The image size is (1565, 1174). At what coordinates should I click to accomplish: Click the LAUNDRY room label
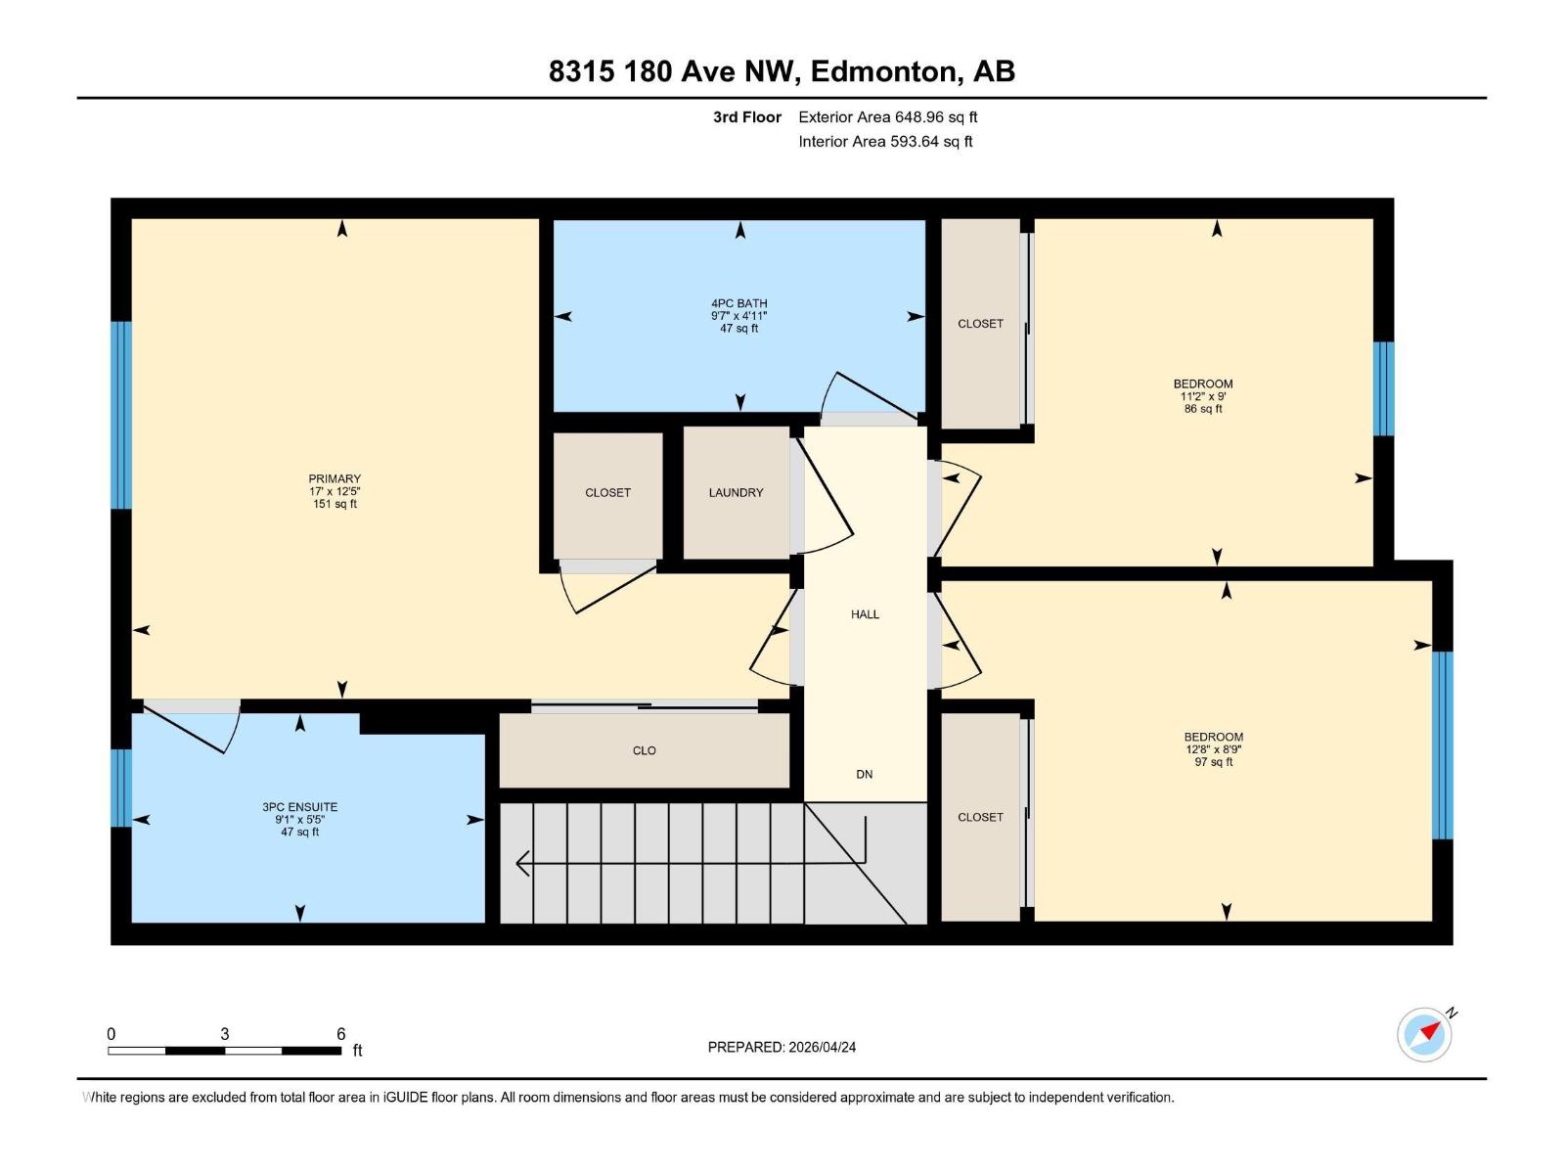click(x=736, y=493)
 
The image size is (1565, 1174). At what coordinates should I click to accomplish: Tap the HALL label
click(x=865, y=614)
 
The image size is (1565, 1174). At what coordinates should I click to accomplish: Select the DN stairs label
click(x=865, y=774)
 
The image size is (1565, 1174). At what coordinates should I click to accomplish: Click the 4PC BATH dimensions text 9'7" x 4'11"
click(x=739, y=316)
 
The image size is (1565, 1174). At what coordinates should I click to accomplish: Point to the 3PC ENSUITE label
click(x=299, y=807)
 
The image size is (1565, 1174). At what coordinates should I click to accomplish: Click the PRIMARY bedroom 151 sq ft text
click(x=335, y=505)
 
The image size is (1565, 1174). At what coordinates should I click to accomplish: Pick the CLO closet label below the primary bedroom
click(x=644, y=750)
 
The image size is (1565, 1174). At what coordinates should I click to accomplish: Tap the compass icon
click(x=1424, y=1035)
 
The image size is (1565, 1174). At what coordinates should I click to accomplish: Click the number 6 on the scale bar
click(x=340, y=1034)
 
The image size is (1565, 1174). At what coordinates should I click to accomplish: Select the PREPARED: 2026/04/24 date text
click(x=782, y=1047)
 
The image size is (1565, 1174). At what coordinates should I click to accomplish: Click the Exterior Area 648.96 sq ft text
click(x=887, y=117)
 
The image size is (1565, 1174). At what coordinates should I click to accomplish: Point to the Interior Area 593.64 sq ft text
click(x=885, y=142)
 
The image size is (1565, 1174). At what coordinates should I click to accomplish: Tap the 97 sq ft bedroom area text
click(x=1213, y=762)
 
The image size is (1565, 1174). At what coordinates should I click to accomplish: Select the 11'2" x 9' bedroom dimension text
click(x=1203, y=396)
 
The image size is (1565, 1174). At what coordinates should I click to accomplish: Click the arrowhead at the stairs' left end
click(x=521, y=863)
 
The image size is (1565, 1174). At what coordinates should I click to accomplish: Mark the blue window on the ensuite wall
click(x=120, y=788)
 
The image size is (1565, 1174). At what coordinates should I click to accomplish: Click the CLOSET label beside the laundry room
click(x=607, y=493)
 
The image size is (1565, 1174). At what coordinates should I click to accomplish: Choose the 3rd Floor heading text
click(x=746, y=117)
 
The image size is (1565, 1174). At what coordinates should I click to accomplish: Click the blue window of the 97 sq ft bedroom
click(x=1443, y=745)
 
